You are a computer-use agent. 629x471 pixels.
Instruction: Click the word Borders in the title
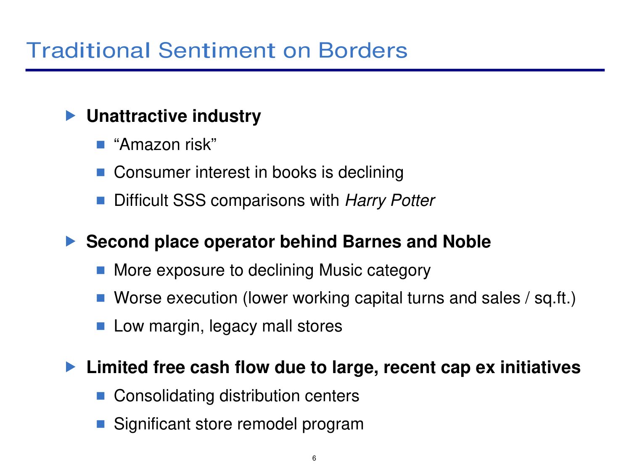(x=362, y=50)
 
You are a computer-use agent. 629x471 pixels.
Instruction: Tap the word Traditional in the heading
(x=88, y=50)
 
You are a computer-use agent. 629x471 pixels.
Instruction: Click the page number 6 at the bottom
(x=314, y=458)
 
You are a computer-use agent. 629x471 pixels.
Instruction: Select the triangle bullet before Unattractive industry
(x=71, y=116)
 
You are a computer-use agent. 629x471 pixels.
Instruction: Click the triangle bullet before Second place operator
(x=71, y=241)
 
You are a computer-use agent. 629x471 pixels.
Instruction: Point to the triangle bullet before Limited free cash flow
(x=71, y=367)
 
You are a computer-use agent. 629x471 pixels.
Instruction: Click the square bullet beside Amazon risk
(x=100, y=144)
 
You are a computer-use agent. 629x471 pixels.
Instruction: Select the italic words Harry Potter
(x=390, y=200)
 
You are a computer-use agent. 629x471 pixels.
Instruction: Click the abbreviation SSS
(x=190, y=200)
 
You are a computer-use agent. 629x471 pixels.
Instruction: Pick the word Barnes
(x=372, y=241)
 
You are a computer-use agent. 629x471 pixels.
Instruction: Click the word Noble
(x=467, y=241)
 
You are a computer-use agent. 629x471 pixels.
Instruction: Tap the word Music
(x=340, y=270)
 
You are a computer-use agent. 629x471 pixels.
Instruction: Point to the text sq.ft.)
(x=555, y=298)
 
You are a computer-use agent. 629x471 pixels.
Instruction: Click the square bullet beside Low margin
(x=100, y=326)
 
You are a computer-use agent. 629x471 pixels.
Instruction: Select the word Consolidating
(x=164, y=396)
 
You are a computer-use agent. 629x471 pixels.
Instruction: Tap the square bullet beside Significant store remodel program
(x=100, y=424)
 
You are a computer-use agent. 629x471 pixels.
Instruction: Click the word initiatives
(x=540, y=367)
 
